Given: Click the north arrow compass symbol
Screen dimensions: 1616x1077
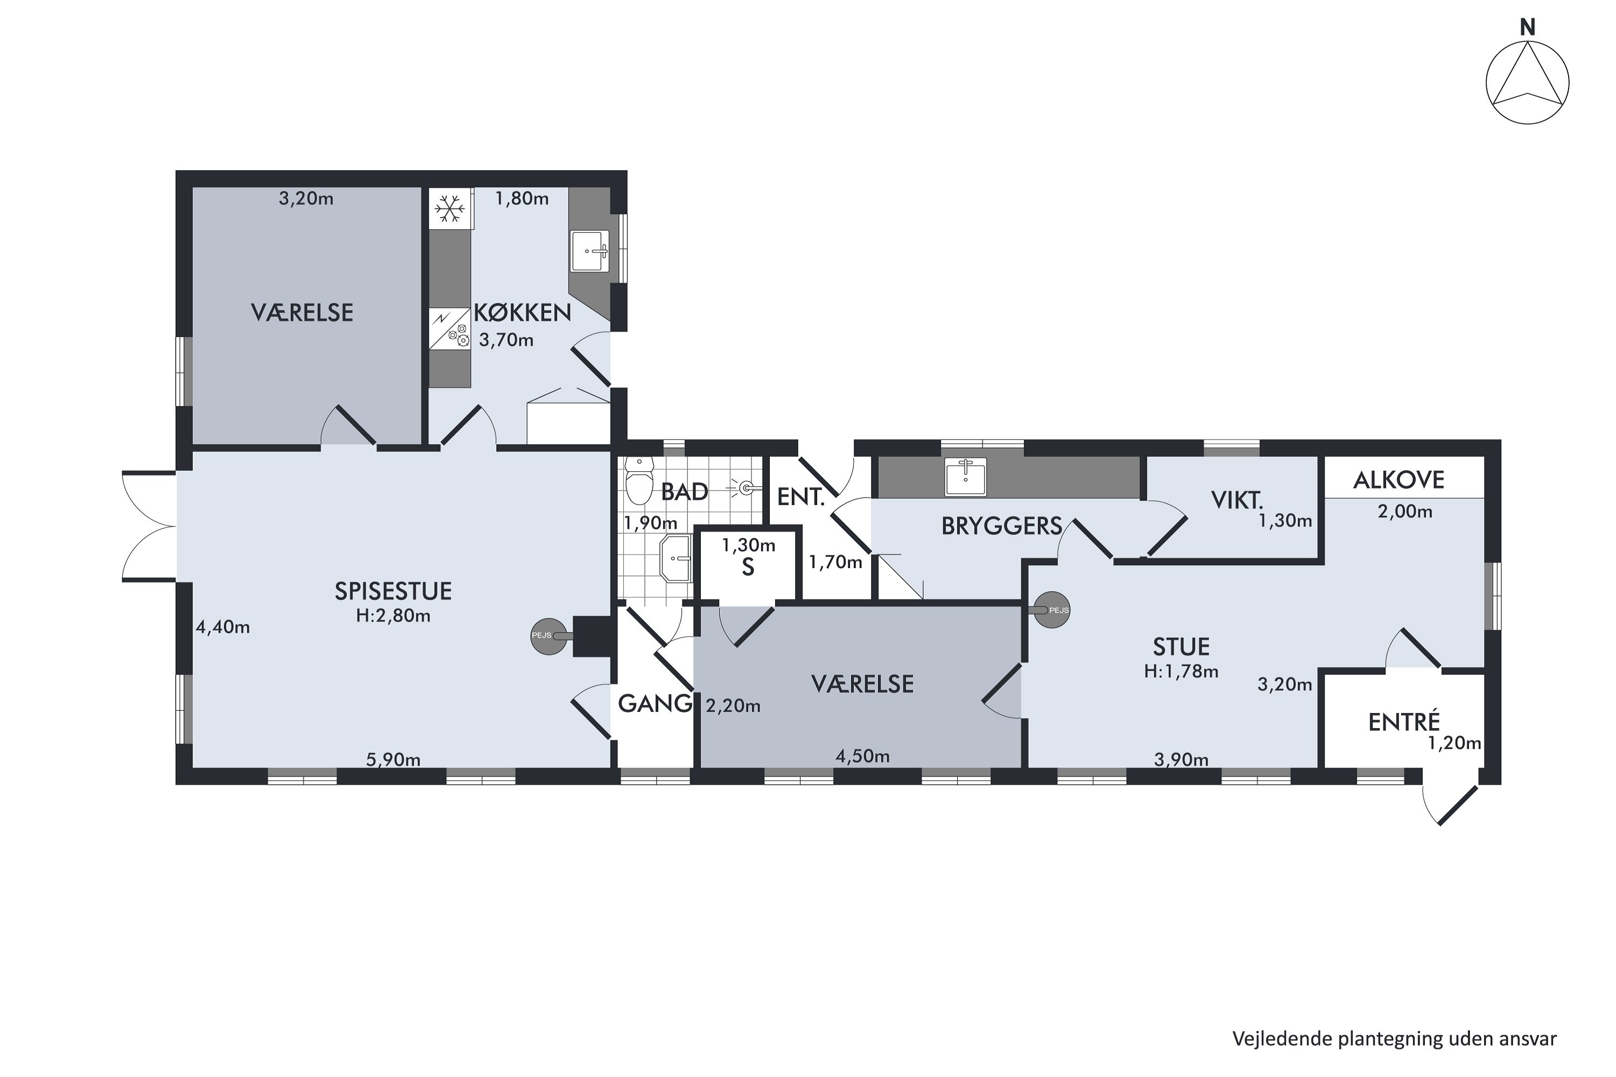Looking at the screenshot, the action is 1527,83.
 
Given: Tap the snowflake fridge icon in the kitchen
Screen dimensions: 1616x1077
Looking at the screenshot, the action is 449,208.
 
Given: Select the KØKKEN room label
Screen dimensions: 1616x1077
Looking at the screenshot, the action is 522,312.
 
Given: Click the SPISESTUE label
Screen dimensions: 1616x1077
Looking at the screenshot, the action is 393,591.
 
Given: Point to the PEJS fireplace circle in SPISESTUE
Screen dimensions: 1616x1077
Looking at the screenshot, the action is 548,636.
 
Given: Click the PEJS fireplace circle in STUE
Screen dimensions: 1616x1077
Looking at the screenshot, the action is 1053,610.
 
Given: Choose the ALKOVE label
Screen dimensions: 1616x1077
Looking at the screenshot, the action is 1399,479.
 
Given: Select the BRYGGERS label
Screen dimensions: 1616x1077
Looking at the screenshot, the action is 1002,526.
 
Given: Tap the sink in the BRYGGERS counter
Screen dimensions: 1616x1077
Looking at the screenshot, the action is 966,477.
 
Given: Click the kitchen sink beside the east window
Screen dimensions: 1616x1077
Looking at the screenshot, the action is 589,251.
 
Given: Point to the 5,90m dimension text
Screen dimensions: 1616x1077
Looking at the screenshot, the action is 393,760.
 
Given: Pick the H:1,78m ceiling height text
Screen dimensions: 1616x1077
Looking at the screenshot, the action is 1181,671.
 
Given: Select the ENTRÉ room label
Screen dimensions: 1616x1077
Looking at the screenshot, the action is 1404,722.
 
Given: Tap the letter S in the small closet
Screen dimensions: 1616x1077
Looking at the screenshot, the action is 748,568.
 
